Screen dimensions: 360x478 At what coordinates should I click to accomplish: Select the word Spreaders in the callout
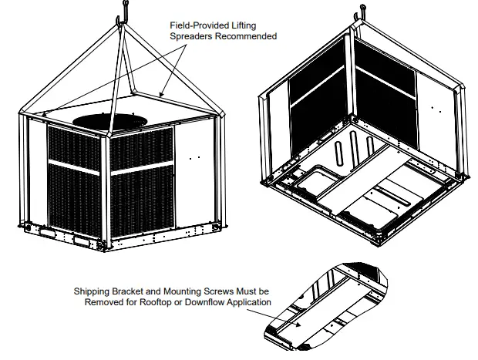click(x=190, y=36)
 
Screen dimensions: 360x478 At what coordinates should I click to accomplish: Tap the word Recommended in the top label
click(x=245, y=36)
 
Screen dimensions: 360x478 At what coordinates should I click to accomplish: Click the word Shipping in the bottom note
click(x=92, y=292)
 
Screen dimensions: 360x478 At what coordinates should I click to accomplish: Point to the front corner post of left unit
click(x=107, y=193)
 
